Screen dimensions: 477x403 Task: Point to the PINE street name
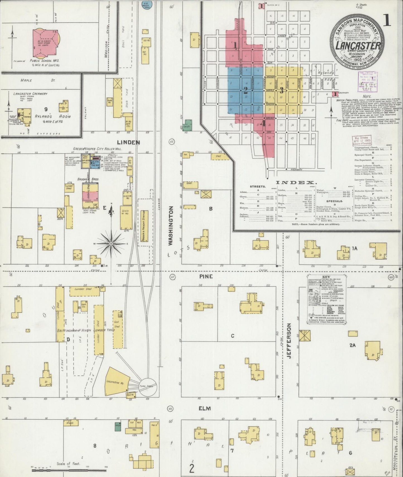click(x=206, y=276)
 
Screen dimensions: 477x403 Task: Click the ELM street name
click(x=204, y=408)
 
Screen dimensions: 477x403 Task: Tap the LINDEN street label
click(x=128, y=142)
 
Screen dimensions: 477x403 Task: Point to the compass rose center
click(x=111, y=244)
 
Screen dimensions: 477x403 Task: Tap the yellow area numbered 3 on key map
click(x=282, y=90)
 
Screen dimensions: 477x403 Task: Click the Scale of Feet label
click(x=68, y=464)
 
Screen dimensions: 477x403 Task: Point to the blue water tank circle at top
click(x=145, y=5)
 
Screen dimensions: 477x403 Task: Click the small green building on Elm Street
click(x=118, y=426)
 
